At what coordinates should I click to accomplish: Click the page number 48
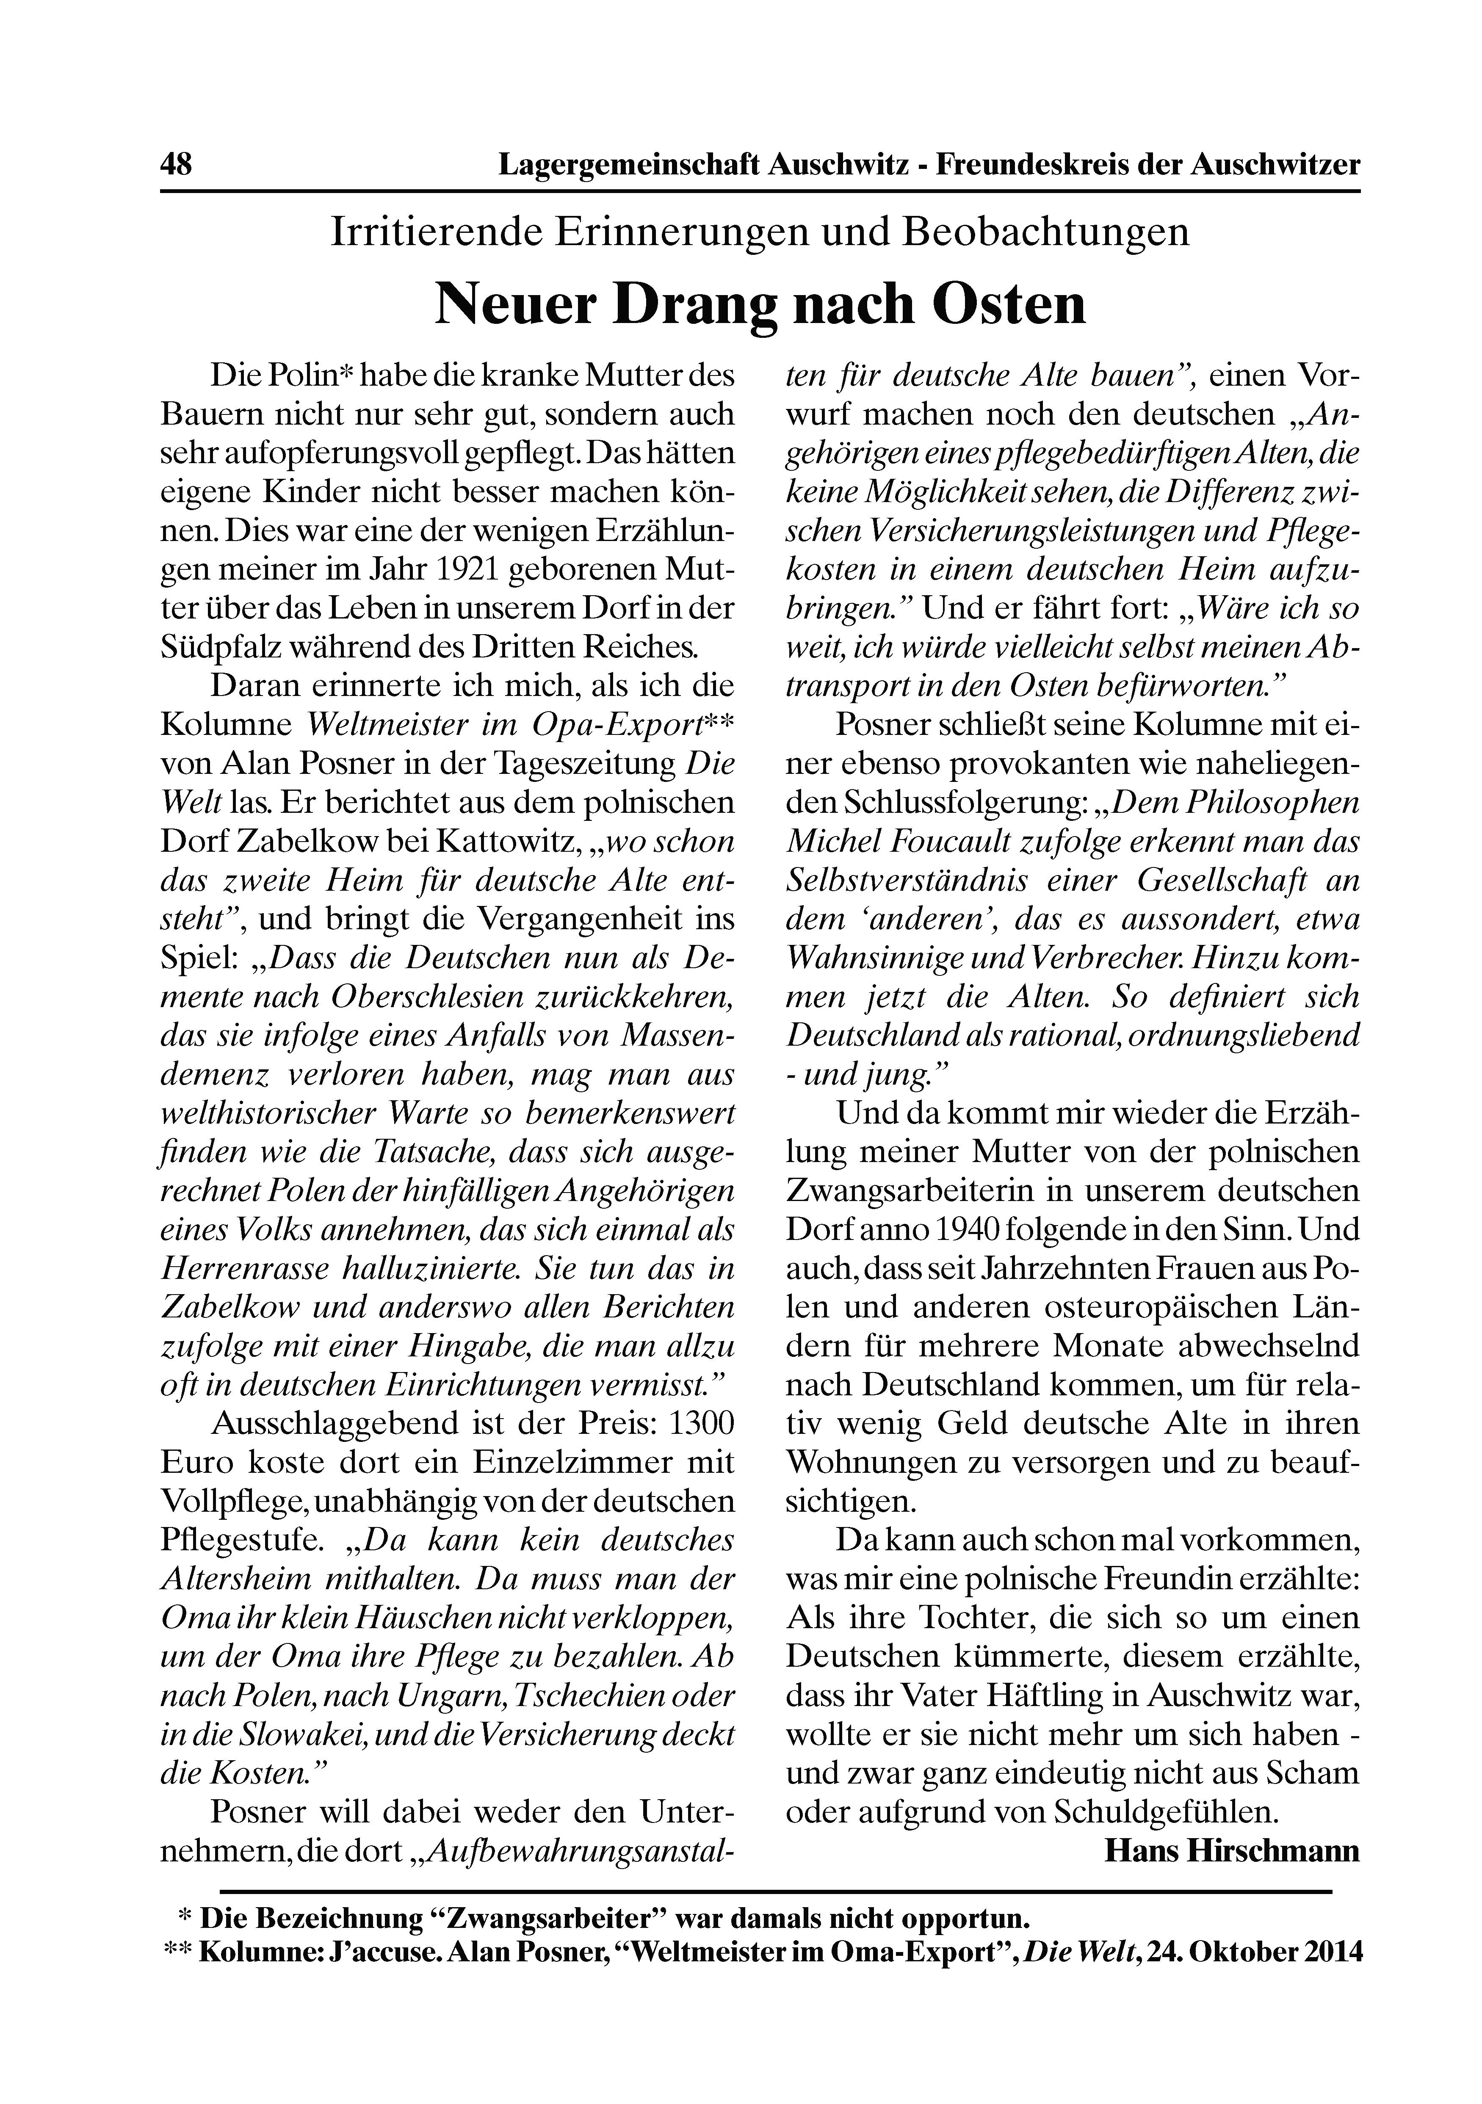pyautogui.click(x=176, y=165)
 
